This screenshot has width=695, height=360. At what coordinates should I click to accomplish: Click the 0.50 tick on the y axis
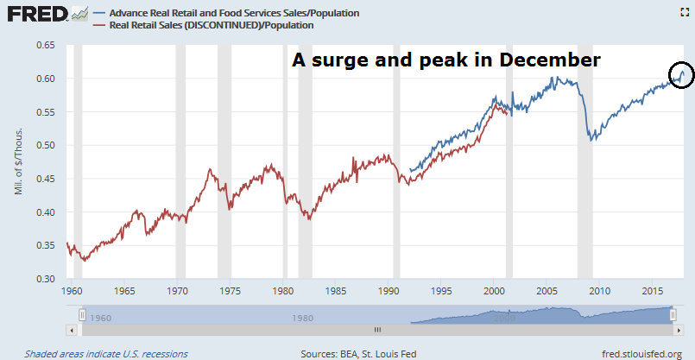46,145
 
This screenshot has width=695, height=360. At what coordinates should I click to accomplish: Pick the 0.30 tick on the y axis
46,279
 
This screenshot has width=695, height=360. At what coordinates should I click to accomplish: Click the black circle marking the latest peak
681,74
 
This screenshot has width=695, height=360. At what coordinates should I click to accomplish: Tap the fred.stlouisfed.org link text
641,353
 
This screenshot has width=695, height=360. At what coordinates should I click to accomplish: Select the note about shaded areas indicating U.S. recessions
105,353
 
